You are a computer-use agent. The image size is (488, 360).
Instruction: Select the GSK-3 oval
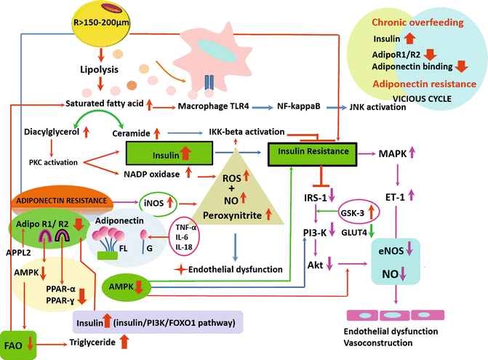(359, 213)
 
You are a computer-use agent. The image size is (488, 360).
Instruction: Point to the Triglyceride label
(92, 341)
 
